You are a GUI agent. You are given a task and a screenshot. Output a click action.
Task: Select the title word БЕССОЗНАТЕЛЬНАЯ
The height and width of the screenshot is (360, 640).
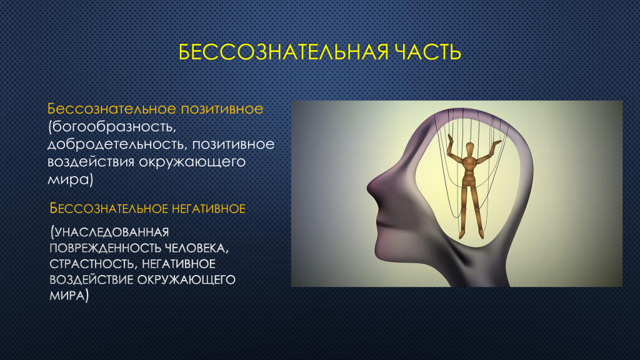tap(283, 52)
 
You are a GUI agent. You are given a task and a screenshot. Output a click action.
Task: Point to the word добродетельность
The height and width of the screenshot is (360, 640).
tap(117, 144)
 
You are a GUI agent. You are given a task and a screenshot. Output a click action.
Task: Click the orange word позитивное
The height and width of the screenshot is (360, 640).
tap(222, 109)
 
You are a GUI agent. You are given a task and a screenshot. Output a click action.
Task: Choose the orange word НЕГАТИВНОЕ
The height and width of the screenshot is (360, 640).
tap(208, 209)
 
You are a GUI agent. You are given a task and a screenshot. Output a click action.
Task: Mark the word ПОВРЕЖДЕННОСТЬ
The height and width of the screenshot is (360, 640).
tap(105, 248)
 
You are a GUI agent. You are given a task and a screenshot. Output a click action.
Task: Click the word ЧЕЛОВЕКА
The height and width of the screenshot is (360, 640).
tap(196, 249)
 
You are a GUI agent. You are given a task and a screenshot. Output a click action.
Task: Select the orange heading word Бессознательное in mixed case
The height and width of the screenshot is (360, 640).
tap(112, 109)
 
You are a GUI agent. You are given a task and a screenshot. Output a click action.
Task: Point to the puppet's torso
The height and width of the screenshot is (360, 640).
tap(469, 171)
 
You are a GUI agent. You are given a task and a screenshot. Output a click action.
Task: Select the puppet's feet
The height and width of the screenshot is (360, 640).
tap(471, 234)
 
